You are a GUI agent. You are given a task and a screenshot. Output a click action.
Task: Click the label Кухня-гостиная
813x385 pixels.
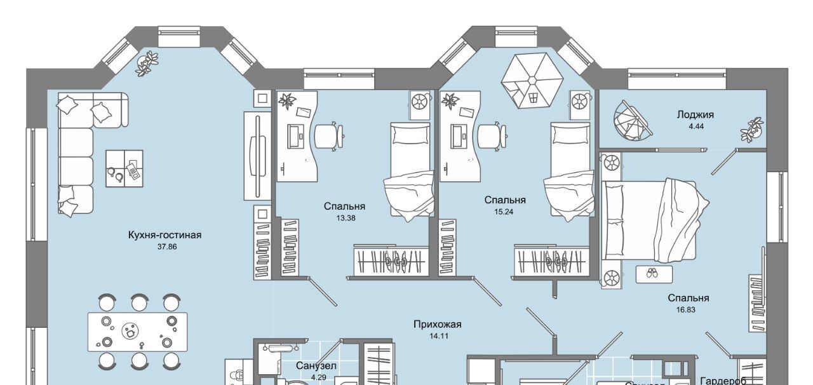165,235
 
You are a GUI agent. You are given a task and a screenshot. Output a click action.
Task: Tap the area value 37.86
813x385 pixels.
167,247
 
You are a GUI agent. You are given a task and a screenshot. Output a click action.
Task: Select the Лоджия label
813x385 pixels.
695,115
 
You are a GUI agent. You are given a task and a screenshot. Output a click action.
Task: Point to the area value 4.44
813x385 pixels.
695,126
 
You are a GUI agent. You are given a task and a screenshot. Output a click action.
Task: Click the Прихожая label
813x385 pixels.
437,325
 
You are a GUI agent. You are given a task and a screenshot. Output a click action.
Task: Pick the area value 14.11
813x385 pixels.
439,336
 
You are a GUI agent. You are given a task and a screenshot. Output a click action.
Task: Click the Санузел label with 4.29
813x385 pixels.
316,367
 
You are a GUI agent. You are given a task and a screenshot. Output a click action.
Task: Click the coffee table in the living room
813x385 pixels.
124,168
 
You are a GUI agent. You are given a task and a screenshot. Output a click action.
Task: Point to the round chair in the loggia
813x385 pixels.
632,123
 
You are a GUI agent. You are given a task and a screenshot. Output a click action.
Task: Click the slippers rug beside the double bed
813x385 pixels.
654,274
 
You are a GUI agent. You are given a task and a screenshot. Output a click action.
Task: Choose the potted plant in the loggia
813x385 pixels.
753,129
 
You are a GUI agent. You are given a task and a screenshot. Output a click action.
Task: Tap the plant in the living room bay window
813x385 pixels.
147,64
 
